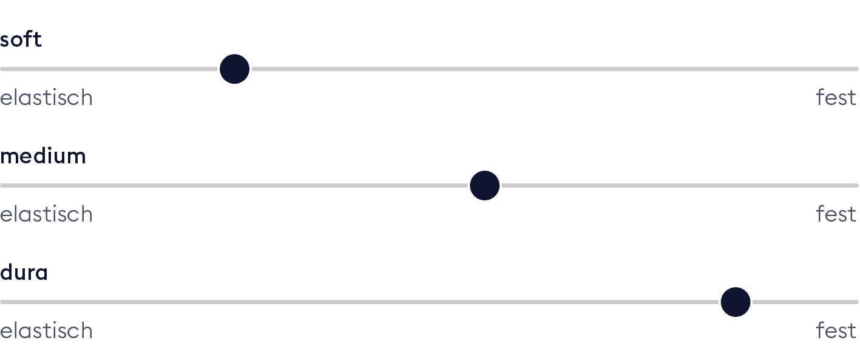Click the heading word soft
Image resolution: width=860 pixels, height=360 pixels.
click(x=21, y=39)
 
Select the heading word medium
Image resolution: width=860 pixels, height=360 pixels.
click(x=42, y=156)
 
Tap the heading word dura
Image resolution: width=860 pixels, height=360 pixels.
click(x=24, y=273)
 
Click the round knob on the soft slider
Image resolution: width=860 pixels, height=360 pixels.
click(x=234, y=69)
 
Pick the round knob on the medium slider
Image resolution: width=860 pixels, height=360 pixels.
click(x=484, y=186)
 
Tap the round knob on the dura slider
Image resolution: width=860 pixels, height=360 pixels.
click(x=735, y=302)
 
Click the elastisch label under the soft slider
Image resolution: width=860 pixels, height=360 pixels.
click(x=46, y=98)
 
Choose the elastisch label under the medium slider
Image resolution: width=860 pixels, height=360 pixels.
click(x=46, y=214)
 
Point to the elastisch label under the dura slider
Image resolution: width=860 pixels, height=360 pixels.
click(x=46, y=331)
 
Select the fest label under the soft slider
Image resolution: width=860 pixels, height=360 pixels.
click(x=836, y=97)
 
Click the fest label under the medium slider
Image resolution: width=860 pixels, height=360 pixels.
click(x=836, y=214)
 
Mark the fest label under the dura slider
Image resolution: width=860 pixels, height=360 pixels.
click(x=836, y=330)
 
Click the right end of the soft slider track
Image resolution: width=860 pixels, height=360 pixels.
click(x=856, y=69)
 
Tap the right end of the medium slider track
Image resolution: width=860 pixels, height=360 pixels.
click(x=856, y=185)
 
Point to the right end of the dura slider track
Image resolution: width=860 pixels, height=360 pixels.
click(x=856, y=302)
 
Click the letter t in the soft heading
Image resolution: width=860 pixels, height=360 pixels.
click(x=38, y=39)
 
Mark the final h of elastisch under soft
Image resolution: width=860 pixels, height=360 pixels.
click(x=86, y=97)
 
